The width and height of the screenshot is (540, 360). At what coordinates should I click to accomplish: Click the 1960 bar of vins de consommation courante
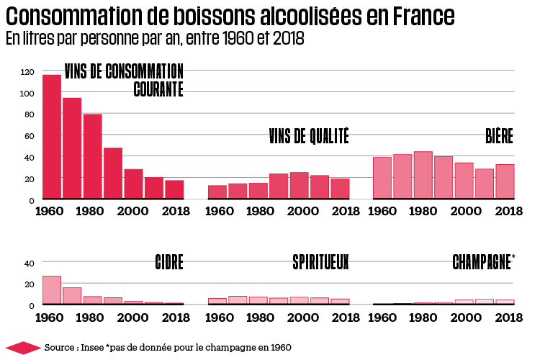point(52,136)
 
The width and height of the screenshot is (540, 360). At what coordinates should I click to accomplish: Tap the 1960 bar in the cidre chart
point(52,289)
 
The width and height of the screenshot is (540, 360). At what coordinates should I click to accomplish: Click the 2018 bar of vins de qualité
point(340,188)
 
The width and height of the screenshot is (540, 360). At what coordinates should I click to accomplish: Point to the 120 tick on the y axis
point(28,72)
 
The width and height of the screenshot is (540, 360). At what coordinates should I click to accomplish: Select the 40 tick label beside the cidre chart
point(30,264)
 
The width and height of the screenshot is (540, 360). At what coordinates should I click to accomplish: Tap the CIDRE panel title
point(169,262)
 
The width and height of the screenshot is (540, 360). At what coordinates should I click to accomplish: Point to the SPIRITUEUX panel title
point(320,262)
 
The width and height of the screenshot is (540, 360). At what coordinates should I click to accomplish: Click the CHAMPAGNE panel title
point(482,262)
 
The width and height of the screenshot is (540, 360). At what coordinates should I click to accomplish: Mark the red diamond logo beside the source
point(22,348)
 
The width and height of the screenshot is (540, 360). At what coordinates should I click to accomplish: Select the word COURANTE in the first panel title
point(158,89)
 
